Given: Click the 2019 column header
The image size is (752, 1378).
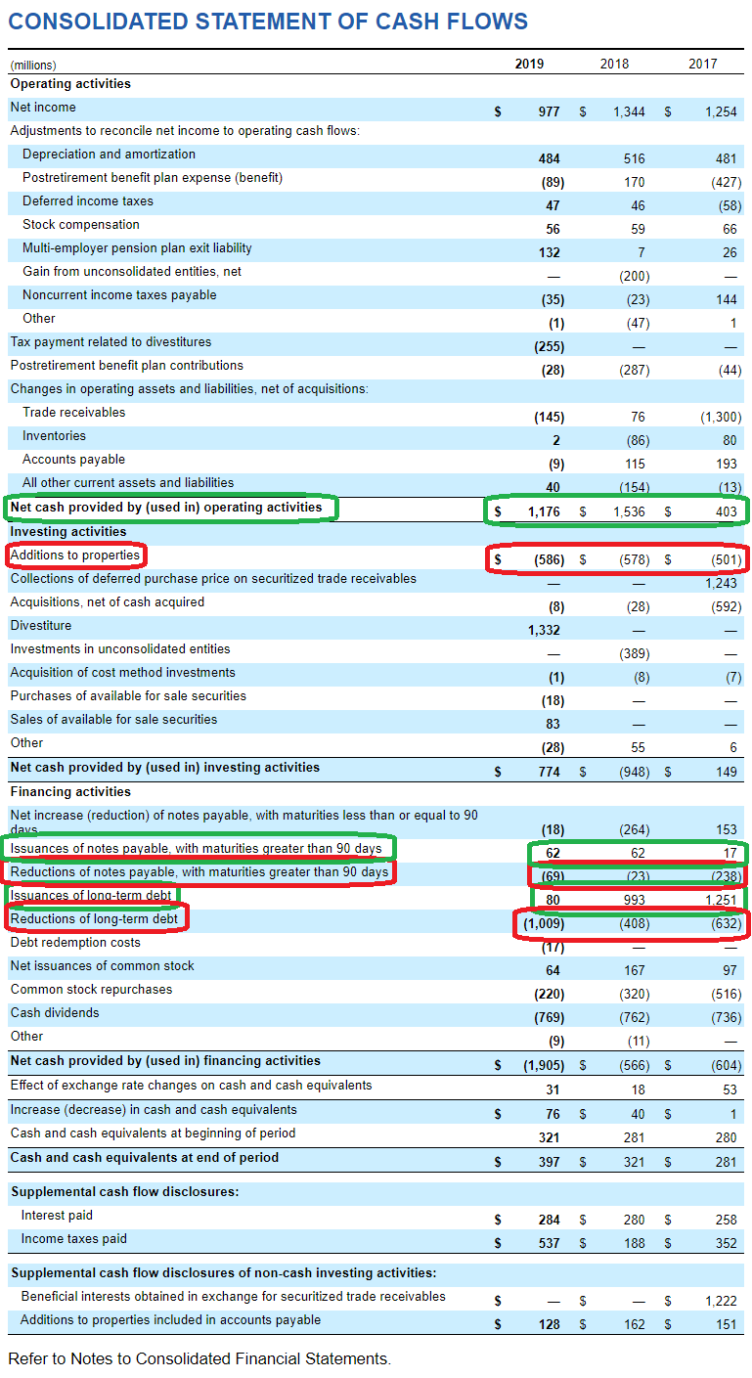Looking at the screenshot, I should click(529, 64).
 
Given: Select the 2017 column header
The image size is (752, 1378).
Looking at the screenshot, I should click(702, 64).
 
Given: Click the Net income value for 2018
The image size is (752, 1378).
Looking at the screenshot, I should click(629, 111).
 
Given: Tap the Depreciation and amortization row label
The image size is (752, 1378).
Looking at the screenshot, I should click(109, 155).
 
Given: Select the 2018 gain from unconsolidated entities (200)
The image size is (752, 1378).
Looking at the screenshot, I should click(635, 276).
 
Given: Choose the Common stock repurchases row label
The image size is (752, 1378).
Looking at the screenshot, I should click(91, 990).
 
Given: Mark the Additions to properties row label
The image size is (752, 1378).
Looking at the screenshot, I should click(75, 556).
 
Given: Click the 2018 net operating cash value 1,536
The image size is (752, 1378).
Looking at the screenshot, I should click(629, 511).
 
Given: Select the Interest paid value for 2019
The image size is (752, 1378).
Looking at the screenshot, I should click(549, 1220).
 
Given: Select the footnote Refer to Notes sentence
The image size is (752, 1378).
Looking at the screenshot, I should click(199, 1358).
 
